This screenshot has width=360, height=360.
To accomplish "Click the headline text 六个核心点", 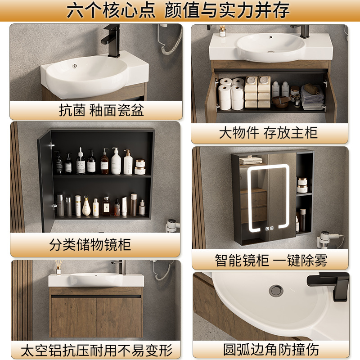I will click(x=112, y=10).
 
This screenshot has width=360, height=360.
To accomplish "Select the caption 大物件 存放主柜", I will click(x=268, y=133).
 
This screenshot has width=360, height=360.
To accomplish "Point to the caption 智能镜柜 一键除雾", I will click(x=270, y=260).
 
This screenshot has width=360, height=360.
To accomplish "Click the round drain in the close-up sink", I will click(x=275, y=290).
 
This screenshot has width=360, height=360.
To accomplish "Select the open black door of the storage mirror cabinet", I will click(x=45, y=180).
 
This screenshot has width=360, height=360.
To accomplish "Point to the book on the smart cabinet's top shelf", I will click(x=251, y=160).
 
